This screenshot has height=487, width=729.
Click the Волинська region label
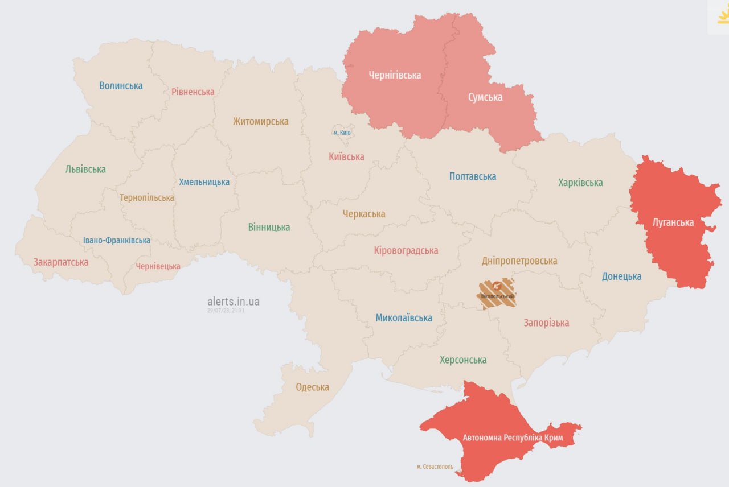coord(121,86)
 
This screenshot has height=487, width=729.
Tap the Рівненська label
coord(193,92)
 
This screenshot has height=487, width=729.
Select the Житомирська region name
coord(260,121)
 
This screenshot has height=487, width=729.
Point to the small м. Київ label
coord(342,133)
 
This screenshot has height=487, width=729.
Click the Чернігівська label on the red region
coord(395,75)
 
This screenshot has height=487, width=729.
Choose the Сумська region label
coord(485,97)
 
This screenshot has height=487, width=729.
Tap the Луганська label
coord(673,222)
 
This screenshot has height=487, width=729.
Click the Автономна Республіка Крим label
coord(513,438)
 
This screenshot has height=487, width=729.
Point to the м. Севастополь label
coord(435,467)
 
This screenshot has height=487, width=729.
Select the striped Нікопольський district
coord(497,293)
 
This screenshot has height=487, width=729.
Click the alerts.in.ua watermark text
coord(234,302)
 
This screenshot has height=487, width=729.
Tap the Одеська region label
coord(312,387)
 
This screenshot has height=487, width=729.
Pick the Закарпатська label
coord(61,262)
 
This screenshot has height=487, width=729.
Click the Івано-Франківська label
coord(117,240)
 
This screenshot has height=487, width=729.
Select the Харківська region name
coord(580,183)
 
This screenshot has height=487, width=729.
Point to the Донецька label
coord(621,276)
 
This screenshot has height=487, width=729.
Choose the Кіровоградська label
coord(406,250)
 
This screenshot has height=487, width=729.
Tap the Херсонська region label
coord(463,360)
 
